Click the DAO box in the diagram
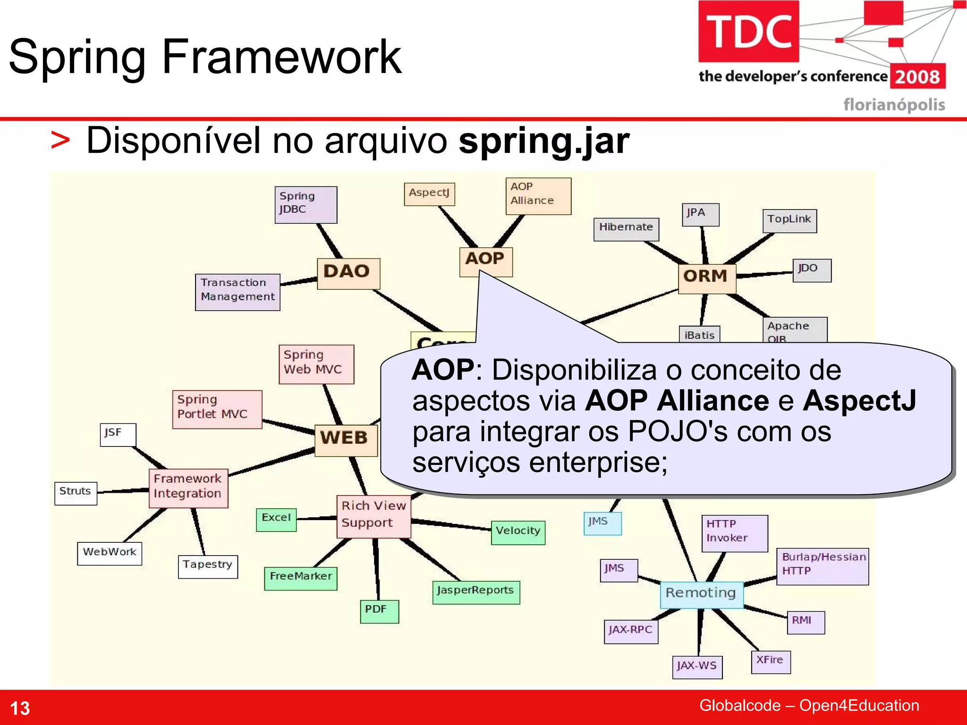click(x=348, y=273)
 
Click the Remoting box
click(x=701, y=594)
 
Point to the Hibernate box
click(x=626, y=229)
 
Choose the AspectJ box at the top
click(x=429, y=194)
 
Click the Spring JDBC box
click(x=305, y=204)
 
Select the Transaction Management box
click(x=238, y=292)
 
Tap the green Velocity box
click(x=518, y=532)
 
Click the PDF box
click(x=379, y=611)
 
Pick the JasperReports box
click(x=475, y=592)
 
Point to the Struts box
click(x=76, y=493)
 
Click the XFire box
click(x=771, y=662)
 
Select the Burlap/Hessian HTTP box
click(x=822, y=566)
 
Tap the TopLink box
click(x=789, y=221)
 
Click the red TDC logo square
click(x=748, y=32)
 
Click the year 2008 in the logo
click(x=917, y=77)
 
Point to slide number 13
click(x=20, y=708)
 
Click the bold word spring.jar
click(x=544, y=141)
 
